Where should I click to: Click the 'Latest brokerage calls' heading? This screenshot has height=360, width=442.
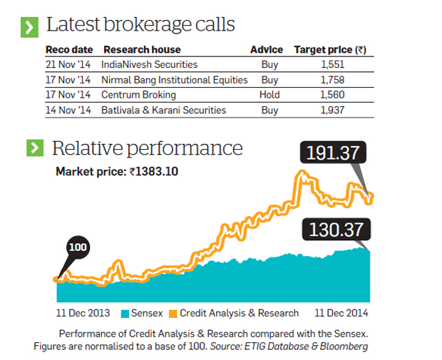coord(140,25)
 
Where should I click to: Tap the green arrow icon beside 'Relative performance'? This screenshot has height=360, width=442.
coord(34,148)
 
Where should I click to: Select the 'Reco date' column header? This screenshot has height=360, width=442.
coord(68,50)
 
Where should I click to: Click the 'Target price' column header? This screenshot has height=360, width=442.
coord(330,50)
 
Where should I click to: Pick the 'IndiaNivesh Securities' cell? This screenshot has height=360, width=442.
coord(149,65)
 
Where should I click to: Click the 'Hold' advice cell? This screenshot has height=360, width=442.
coord(269,95)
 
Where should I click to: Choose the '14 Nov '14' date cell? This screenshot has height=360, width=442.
coord(68,110)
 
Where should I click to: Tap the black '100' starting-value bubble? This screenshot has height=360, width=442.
coord(77,247)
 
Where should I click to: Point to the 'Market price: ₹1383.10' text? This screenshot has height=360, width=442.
coord(118,172)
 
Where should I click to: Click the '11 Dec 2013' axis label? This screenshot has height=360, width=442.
coord(83,312)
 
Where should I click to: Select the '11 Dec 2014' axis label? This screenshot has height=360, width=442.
coord(341,312)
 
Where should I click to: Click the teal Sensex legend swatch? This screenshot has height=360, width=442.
coord(125,313)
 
